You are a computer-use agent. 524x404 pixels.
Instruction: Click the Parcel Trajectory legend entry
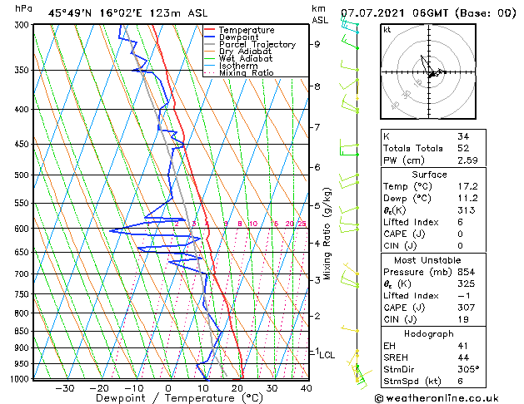[257, 44]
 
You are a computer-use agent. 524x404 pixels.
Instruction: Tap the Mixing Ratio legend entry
[247, 72]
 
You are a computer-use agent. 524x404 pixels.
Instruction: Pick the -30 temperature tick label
[64, 387]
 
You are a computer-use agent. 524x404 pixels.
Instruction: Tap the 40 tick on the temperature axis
[306, 387]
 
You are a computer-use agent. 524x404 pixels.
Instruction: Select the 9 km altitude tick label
[317, 44]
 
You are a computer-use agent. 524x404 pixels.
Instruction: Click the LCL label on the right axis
[327, 354]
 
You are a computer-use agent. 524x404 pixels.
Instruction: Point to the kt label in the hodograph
[387, 29]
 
